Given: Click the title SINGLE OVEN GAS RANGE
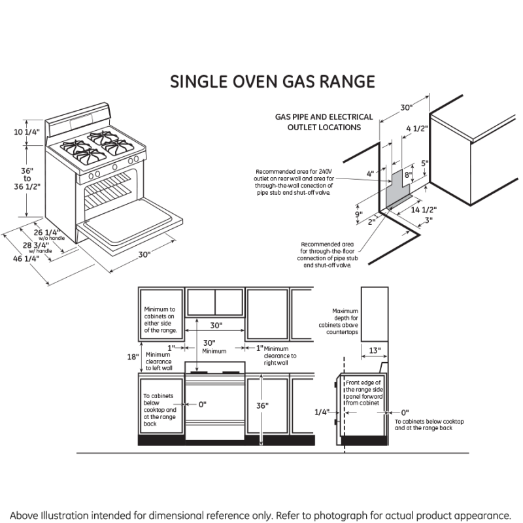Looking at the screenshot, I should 273,82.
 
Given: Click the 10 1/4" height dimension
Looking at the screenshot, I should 26,132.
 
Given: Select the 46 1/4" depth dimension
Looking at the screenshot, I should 27,258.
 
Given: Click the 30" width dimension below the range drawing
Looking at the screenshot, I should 144,254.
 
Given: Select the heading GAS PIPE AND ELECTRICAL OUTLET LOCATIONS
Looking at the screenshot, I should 324,122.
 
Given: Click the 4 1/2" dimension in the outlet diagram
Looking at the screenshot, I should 416,129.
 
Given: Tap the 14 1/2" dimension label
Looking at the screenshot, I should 424,210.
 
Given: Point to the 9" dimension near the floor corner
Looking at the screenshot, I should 359,214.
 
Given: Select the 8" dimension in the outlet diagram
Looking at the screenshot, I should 407,175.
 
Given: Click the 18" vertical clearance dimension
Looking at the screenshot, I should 133,357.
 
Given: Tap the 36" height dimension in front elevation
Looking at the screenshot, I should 262,406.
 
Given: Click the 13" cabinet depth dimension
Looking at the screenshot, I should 374,350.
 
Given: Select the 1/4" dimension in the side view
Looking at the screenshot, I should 322,413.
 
